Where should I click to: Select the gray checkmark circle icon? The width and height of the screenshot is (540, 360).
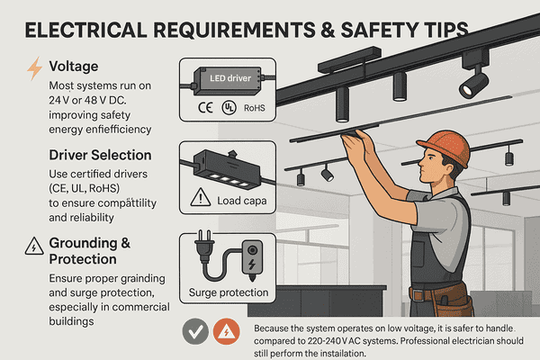pos(196,333)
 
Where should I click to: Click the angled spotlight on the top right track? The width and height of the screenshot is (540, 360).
pos(472,84)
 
